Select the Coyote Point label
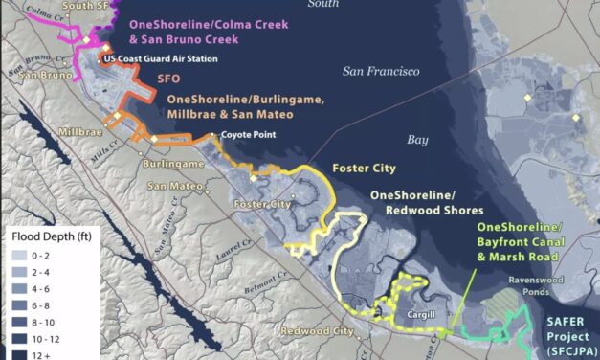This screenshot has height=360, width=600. click(x=248, y=135)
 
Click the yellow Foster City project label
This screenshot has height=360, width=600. click(x=363, y=169)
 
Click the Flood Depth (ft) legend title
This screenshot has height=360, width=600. click(x=43, y=236)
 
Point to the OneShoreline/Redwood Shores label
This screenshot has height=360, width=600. click(x=426, y=202)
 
